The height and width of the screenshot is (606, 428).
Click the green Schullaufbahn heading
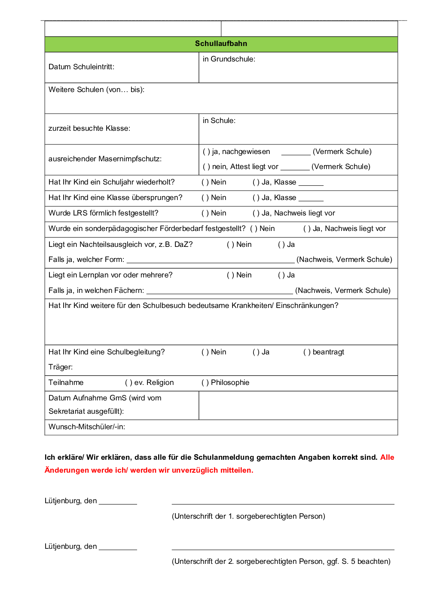coord(221,43)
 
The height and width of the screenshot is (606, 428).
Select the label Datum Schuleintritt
coord(81,67)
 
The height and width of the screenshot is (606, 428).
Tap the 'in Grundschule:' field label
coord(229,59)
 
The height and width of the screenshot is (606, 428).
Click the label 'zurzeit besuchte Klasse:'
coord(89,128)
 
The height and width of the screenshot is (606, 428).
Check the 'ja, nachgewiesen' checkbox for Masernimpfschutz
coord(206,151)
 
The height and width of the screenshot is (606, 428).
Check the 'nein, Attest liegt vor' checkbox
coord(206,166)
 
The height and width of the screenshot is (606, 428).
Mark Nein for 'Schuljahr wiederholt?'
coord(205,182)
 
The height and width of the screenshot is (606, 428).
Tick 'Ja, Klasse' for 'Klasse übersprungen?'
coord(256,197)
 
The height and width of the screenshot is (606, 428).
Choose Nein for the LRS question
coord(205,213)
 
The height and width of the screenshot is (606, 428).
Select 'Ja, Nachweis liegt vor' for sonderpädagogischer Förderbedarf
coord(307,228)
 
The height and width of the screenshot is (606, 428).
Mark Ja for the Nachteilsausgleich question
coord(281,244)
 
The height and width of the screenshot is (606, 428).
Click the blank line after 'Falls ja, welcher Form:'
coord(211,260)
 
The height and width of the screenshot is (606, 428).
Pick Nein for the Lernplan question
coord(230,275)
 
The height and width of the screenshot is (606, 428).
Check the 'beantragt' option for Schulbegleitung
coord(307,352)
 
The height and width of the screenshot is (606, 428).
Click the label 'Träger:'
coord(61,367)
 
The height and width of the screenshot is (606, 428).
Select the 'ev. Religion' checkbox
coord(128,382)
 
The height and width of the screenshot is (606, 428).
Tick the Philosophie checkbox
coord(205,382)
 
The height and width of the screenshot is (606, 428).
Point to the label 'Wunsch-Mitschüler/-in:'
coord(87,427)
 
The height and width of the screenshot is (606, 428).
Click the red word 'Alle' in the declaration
coord(387,457)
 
